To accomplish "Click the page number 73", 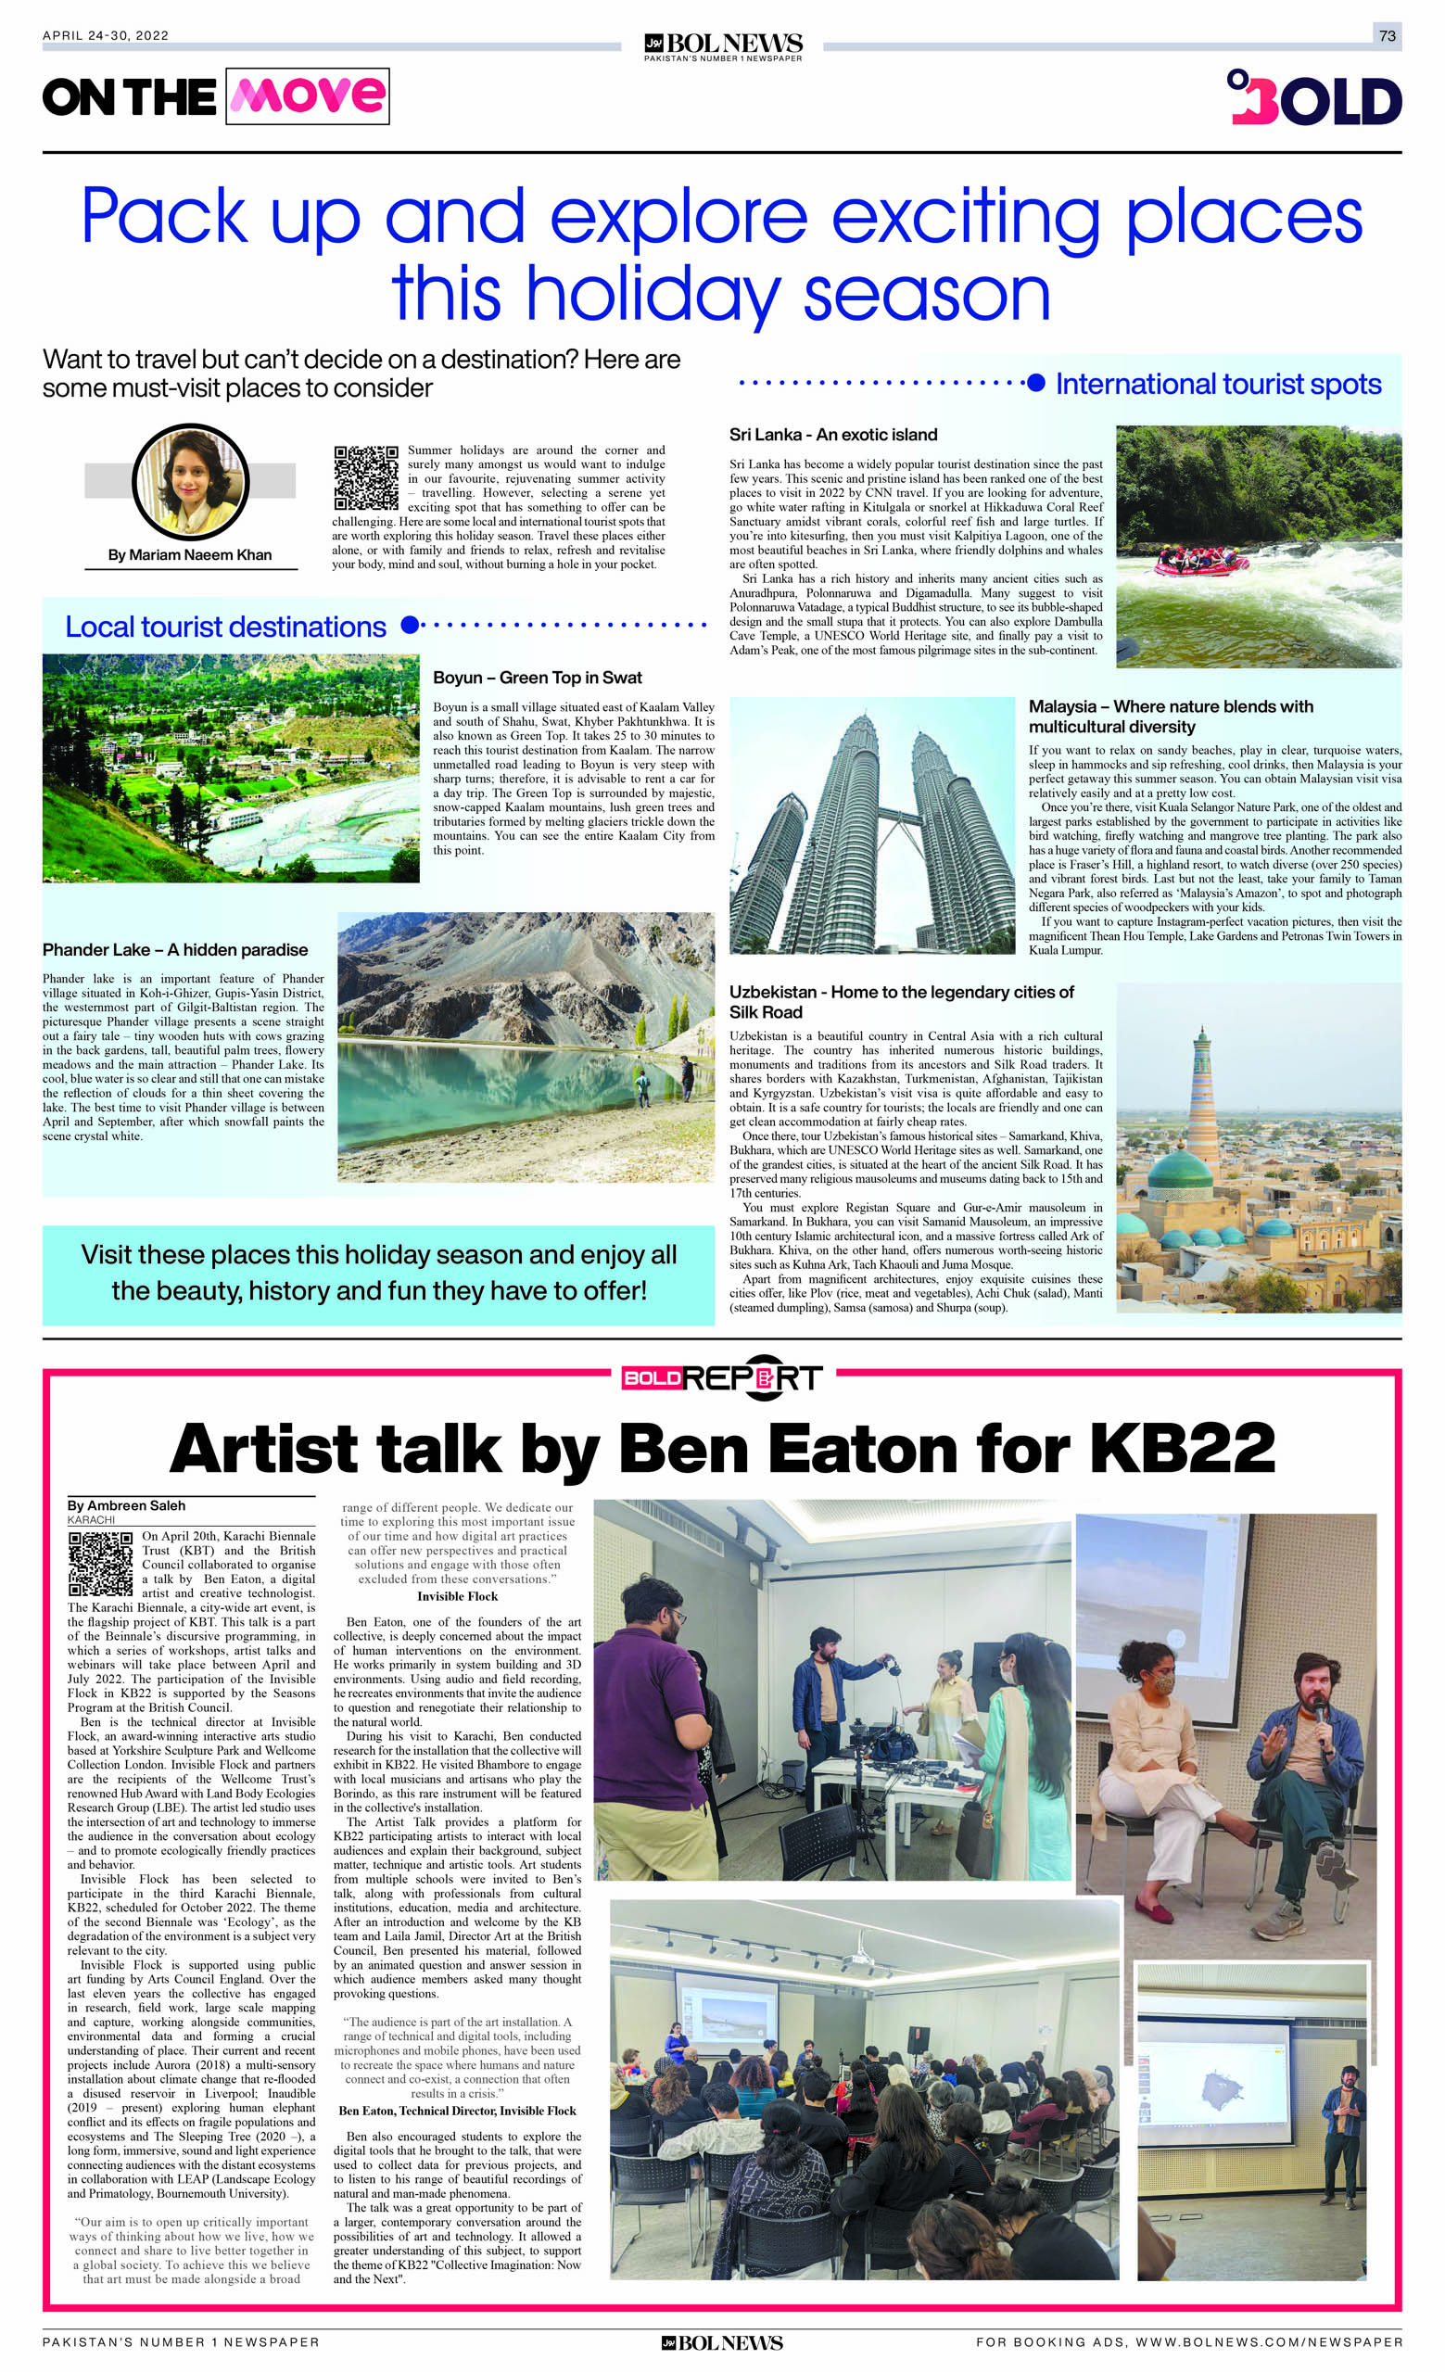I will pyautogui.click(x=1387, y=35).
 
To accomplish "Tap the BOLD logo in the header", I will pyautogui.click(x=1314, y=98).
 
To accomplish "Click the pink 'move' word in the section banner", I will pyautogui.click(x=307, y=96).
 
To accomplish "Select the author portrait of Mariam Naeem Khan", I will pyautogui.click(x=191, y=480).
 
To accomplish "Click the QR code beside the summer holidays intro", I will pyautogui.click(x=366, y=478).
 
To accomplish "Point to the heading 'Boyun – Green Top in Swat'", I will pyautogui.click(x=538, y=678).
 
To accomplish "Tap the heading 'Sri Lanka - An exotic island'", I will pyautogui.click(x=832, y=435).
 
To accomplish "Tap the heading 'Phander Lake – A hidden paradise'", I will pyautogui.click(x=175, y=950).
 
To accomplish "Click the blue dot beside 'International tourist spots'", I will pyautogui.click(x=1036, y=384).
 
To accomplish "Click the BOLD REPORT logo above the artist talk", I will pyautogui.click(x=722, y=1378).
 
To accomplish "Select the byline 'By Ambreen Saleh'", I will pyautogui.click(x=126, y=1505).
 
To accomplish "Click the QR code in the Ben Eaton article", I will pyautogui.click(x=100, y=1566).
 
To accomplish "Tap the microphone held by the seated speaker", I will pyautogui.click(x=1318, y=1707).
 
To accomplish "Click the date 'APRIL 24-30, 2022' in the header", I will pyautogui.click(x=105, y=35).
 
